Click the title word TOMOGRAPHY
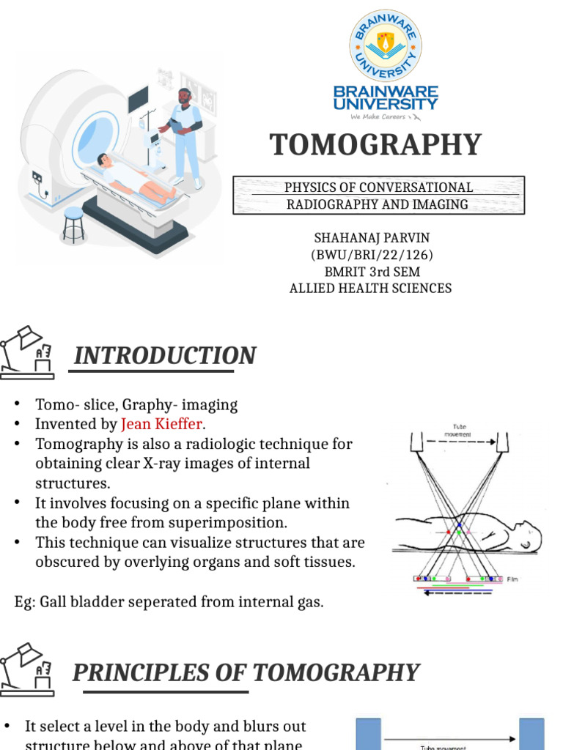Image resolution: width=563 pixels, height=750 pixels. point(376,145)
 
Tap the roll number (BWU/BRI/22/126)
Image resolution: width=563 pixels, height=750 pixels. point(371,255)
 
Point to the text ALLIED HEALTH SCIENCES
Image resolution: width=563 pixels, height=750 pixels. point(370,288)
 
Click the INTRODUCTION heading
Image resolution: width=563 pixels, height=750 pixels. point(165,356)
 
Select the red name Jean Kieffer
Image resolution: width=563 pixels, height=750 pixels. point(163,424)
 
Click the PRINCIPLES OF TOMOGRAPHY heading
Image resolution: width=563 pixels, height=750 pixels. point(246,672)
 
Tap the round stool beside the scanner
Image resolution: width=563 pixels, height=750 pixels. point(73,224)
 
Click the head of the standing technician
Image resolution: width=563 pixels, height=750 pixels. point(184,97)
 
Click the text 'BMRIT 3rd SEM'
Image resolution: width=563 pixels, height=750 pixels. point(371,272)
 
